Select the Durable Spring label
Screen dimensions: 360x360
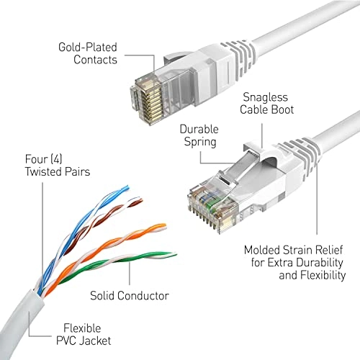point(197,135)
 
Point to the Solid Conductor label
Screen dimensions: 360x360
point(130,295)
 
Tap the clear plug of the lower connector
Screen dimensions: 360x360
point(211,196)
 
